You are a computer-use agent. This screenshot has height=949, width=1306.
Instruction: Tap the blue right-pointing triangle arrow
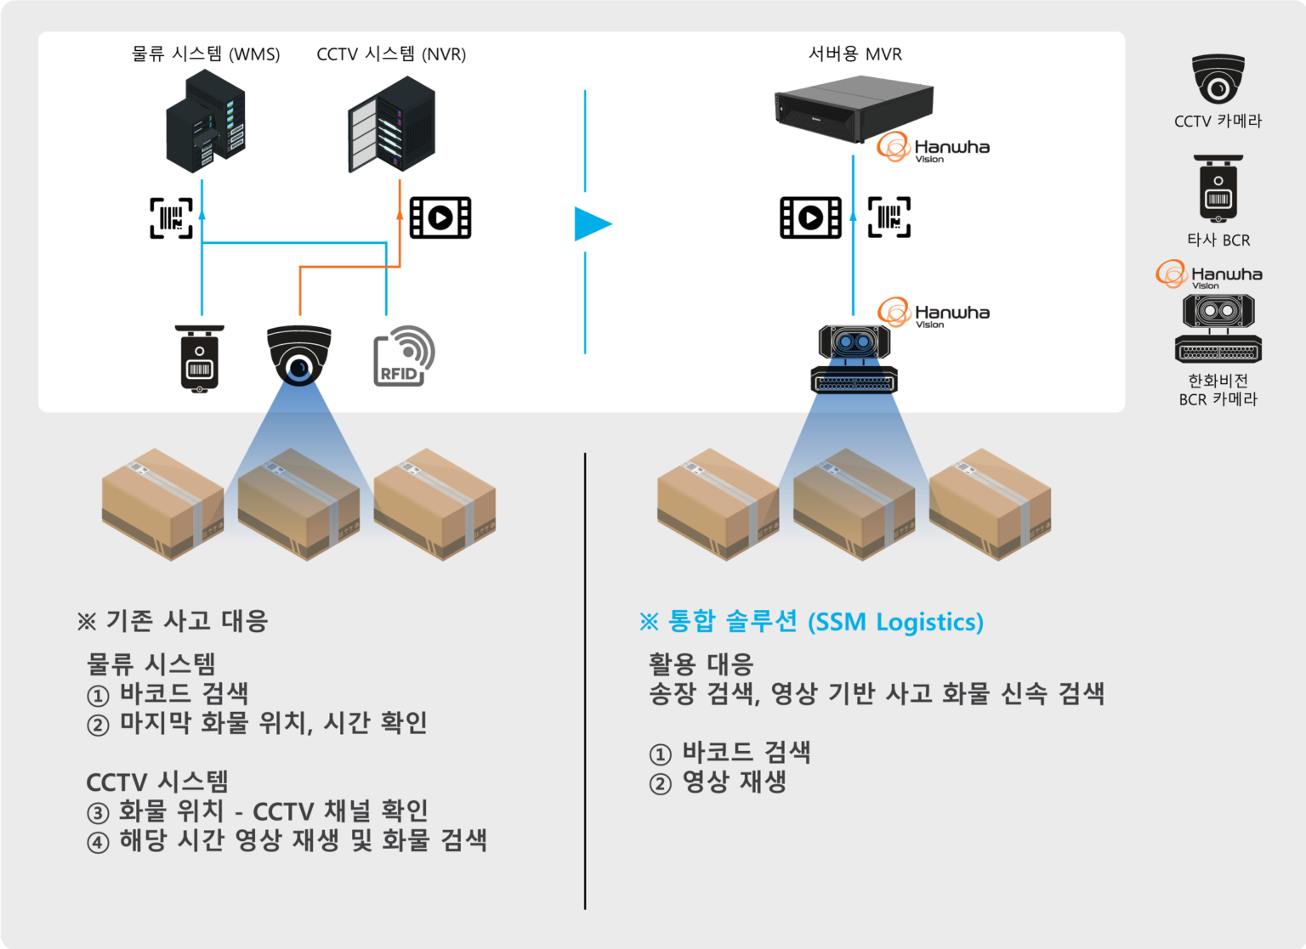point(592,224)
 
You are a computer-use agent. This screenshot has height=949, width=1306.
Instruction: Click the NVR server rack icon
point(392,124)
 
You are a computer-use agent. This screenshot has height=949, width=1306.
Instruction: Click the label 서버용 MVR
point(855,54)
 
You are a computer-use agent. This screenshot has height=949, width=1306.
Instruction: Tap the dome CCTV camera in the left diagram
point(298,354)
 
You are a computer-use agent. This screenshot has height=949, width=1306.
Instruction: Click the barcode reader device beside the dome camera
point(200,359)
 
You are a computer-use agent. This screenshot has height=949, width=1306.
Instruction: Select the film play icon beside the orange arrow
point(440,217)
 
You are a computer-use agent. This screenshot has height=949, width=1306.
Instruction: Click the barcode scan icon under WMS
point(172,217)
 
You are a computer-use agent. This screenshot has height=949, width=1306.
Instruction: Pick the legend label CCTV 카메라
point(1218,121)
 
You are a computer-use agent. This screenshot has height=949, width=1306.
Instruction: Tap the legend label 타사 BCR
point(1218,240)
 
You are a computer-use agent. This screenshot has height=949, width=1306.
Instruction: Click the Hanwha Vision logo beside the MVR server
point(933,148)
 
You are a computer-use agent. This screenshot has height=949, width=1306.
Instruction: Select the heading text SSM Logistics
point(894,622)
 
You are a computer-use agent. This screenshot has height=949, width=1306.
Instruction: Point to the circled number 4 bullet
point(98,842)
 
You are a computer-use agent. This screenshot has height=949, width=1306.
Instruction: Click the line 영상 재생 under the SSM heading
point(733,782)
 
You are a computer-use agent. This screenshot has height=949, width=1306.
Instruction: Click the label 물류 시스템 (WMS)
point(206,54)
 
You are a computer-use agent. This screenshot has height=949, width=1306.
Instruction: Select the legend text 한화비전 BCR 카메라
point(1218,390)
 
